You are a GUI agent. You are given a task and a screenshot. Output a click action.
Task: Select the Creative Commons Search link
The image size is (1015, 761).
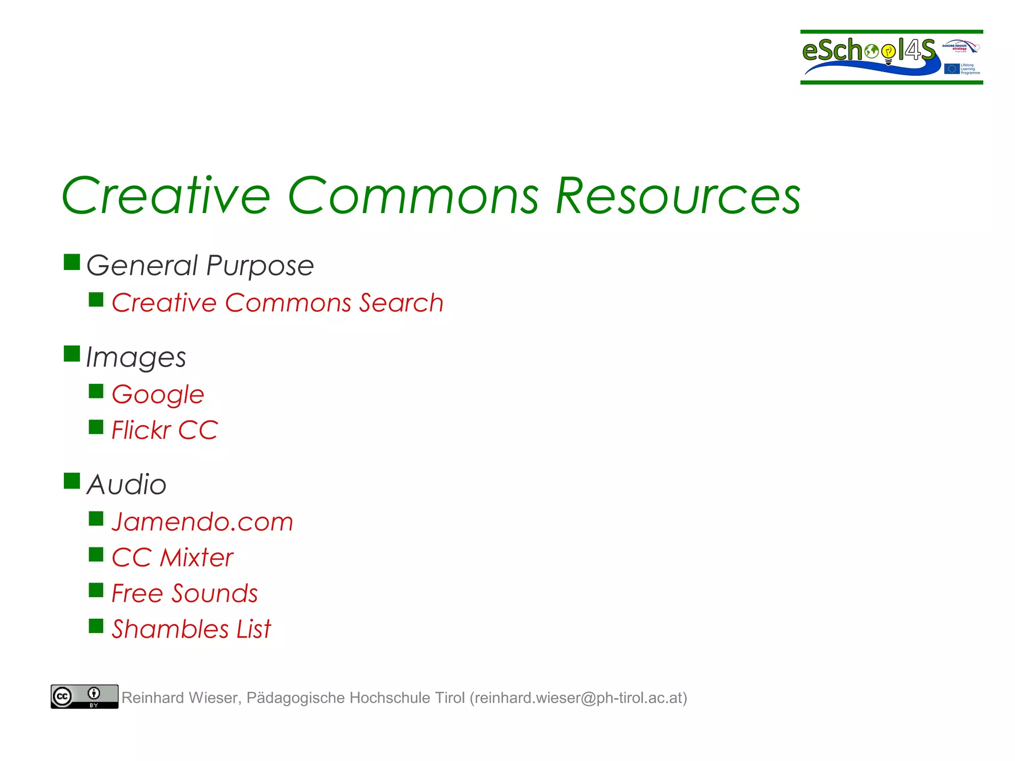tap(277, 303)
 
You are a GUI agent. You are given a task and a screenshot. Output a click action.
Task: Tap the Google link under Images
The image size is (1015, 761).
tap(158, 395)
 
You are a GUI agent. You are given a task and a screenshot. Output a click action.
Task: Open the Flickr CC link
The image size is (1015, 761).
tap(165, 430)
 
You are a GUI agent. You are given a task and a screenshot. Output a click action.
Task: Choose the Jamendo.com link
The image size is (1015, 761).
tap(202, 522)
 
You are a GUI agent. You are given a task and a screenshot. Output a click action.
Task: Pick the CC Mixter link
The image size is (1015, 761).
tap(172, 558)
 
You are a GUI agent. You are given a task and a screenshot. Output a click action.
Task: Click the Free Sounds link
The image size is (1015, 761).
tap(184, 594)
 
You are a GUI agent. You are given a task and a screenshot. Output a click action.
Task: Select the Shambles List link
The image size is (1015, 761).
tap(191, 629)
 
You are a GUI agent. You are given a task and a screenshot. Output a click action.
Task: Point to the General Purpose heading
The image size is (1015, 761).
tap(200, 266)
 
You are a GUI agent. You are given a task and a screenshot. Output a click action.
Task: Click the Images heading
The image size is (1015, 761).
tap(136, 358)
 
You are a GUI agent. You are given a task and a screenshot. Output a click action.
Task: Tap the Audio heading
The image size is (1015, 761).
tap(126, 485)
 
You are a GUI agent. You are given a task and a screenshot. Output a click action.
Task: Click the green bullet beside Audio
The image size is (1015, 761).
tap(72, 481)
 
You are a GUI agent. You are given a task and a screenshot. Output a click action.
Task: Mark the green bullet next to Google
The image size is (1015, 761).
tap(96, 391)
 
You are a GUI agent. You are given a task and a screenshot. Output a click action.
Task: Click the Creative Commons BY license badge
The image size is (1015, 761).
tap(84, 697)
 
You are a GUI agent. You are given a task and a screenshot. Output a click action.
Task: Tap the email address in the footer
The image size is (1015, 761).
tap(578, 698)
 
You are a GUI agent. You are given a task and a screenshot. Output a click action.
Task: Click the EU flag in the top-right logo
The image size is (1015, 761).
tap(952, 69)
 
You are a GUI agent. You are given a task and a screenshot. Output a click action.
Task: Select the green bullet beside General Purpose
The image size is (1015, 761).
tap(72, 262)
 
